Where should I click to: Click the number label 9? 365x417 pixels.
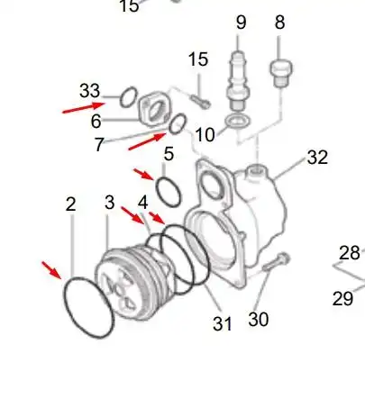click(x=241, y=22)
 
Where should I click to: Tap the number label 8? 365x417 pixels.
click(x=279, y=22)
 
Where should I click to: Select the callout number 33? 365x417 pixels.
click(x=89, y=90)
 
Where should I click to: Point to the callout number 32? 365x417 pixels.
click(x=316, y=159)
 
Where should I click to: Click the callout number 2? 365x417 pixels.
click(x=71, y=204)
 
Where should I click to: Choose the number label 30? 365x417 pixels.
click(x=258, y=319)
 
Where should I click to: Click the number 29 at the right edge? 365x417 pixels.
click(x=342, y=299)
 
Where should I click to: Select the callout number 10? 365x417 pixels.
click(x=205, y=135)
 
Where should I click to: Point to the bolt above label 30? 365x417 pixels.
click(x=276, y=262)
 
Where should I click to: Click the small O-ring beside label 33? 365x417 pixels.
click(x=129, y=95)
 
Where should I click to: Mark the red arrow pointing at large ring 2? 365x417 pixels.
click(x=52, y=269)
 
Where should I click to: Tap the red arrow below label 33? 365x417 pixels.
click(x=82, y=110)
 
